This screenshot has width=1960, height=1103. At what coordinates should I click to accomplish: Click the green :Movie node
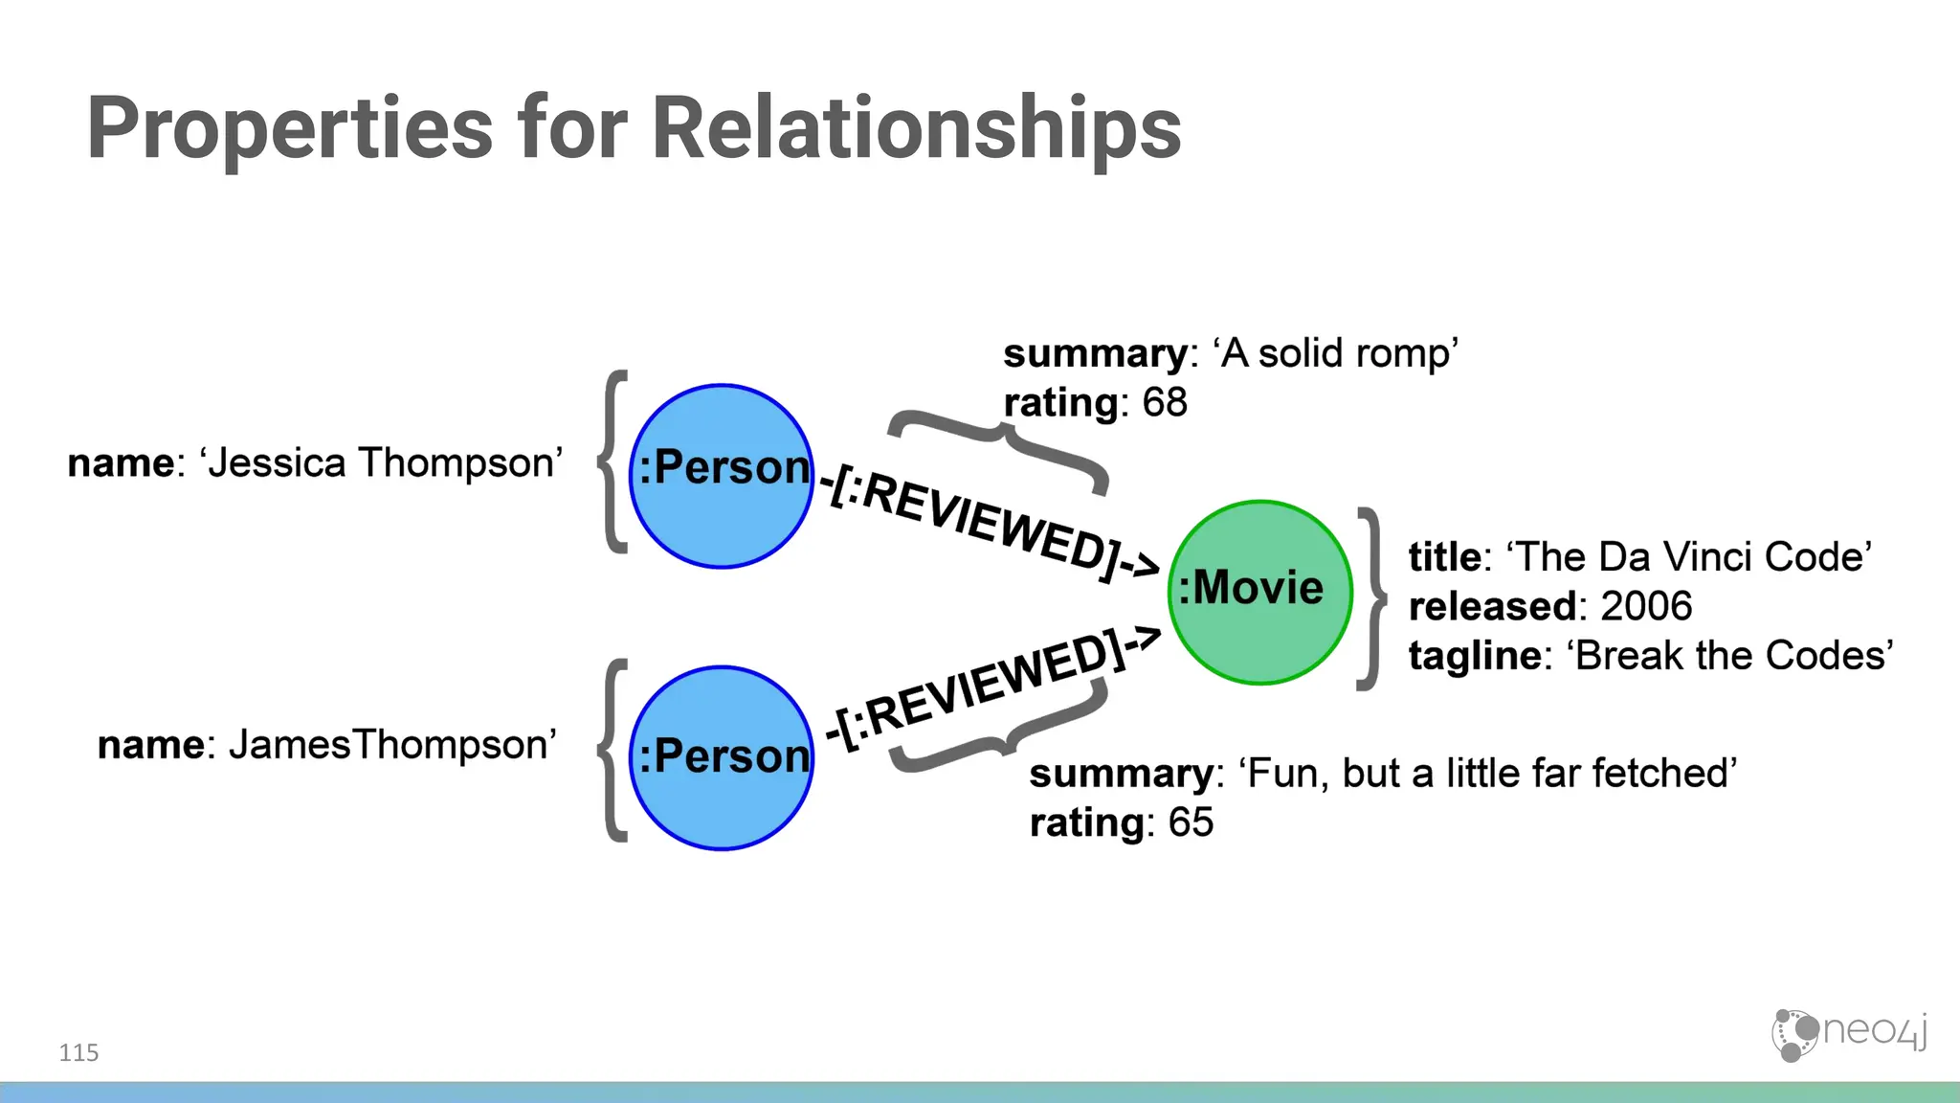(1259, 592)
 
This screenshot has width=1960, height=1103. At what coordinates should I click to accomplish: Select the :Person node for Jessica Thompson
(722, 476)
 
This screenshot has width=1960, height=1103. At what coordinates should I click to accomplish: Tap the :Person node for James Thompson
(722, 757)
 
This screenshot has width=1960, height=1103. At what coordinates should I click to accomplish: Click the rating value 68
(1164, 403)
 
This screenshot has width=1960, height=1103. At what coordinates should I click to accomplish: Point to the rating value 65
(1191, 822)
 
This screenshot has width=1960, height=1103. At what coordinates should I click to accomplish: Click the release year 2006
(1646, 606)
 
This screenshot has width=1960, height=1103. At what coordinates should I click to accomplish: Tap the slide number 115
(78, 1053)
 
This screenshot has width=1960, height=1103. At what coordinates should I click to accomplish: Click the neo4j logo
(1848, 1034)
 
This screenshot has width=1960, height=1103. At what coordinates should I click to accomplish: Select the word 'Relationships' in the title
(916, 129)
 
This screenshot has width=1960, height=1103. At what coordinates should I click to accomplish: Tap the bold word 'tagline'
(1474, 657)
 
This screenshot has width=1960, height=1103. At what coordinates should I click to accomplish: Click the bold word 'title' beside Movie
(1444, 557)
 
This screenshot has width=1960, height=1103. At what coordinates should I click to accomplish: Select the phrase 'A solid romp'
(1337, 353)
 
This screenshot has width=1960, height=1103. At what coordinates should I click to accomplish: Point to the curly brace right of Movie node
(1372, 598)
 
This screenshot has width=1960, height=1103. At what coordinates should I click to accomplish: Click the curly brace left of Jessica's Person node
(612, 461)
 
